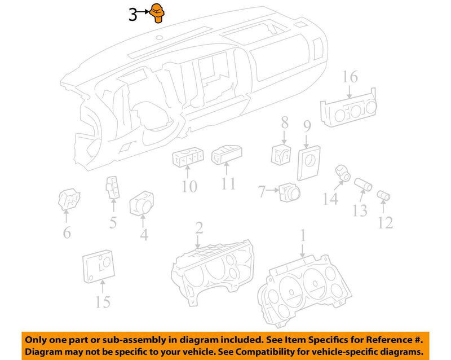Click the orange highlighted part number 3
click(157, 13)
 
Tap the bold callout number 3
click(132, 15)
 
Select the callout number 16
click(350, 77)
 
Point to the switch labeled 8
click(281, 155)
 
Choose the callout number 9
click(307, 126)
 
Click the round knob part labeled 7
click(289, 192)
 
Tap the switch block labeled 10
click(188, 159)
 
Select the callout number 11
click(228, 183)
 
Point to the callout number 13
click(360, 210)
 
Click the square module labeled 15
click(98, 266)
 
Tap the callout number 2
click(199, 228)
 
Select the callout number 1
click(303, 235)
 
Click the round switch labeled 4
click(142, 203)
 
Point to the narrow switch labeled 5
click(112, 187)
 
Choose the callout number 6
click(67, 232)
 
